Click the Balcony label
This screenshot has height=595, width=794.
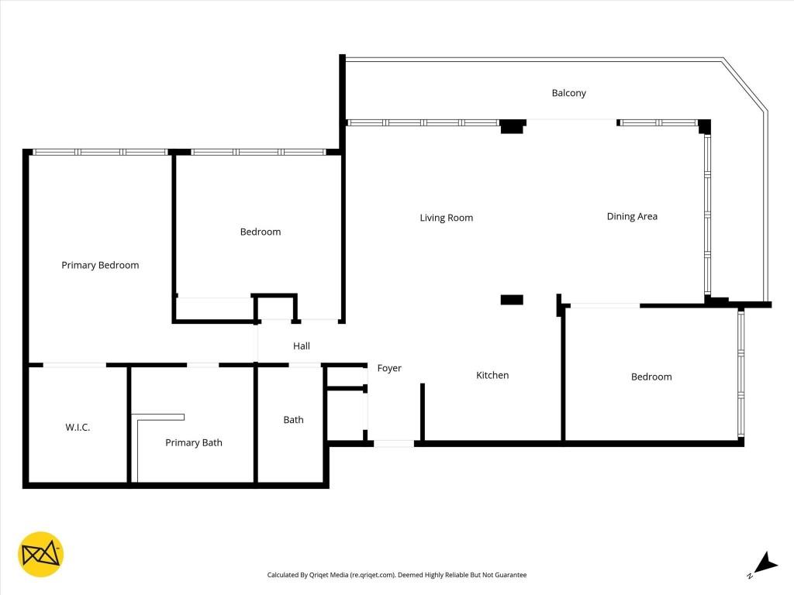568,93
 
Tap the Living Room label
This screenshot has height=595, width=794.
446,218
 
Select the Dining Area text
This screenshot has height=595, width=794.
631,216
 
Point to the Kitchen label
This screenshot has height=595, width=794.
492,375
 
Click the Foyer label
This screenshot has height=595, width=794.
389,368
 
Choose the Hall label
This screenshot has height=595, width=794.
302,346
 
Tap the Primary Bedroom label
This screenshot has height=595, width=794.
100,265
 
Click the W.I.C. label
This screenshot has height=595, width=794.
78,427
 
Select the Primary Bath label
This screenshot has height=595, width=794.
193,442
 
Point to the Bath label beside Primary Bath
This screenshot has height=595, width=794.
293,420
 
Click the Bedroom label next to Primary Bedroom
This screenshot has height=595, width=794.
260,232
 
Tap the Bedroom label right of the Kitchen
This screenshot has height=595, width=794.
651,377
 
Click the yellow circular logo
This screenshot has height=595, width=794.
40,555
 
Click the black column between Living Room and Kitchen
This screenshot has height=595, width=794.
512,300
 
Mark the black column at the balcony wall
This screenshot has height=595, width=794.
513,126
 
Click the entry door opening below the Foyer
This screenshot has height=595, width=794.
394,444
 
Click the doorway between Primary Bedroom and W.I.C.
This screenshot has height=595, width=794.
74,365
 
